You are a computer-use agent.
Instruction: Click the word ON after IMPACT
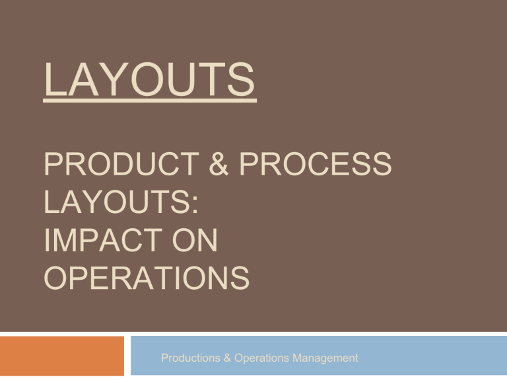click(196, 241)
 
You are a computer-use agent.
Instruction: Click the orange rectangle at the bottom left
click(62, 355)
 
